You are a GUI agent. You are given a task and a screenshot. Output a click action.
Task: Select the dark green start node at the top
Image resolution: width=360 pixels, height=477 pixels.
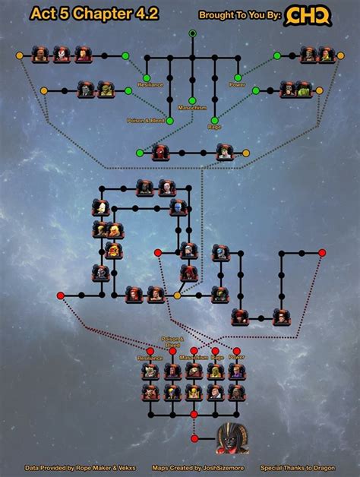point(193,33)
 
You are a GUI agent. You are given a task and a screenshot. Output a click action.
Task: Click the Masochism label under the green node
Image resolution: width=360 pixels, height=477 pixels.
point(193,108)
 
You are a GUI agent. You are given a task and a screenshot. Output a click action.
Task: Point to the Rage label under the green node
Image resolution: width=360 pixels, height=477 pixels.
point(216,127)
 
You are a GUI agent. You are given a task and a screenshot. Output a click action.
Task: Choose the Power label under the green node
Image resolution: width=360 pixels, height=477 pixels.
point(238,84)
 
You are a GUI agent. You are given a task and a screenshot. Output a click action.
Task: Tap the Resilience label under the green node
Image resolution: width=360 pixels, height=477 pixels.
point(150,84)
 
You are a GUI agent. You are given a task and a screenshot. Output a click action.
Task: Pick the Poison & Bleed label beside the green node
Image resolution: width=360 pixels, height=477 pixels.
point(147,121)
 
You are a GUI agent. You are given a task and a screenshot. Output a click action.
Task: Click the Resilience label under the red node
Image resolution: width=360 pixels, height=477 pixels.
point(150,357)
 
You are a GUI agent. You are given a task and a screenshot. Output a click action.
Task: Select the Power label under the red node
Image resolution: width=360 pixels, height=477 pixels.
point(237,357)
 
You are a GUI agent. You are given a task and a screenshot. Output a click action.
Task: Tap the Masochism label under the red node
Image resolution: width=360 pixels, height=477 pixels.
point(194,357)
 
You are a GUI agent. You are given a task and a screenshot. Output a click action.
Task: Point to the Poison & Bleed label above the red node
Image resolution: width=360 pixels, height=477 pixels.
point(172,341)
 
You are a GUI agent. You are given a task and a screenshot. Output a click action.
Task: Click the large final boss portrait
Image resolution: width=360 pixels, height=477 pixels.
point(231,438)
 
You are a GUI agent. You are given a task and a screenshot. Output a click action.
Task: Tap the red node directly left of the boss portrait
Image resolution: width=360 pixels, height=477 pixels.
point(194,438)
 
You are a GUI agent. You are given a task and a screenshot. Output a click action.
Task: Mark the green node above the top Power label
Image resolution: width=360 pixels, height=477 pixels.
point(238,77)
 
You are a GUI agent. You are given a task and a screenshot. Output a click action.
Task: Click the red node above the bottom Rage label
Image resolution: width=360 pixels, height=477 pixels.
point(216,350)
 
